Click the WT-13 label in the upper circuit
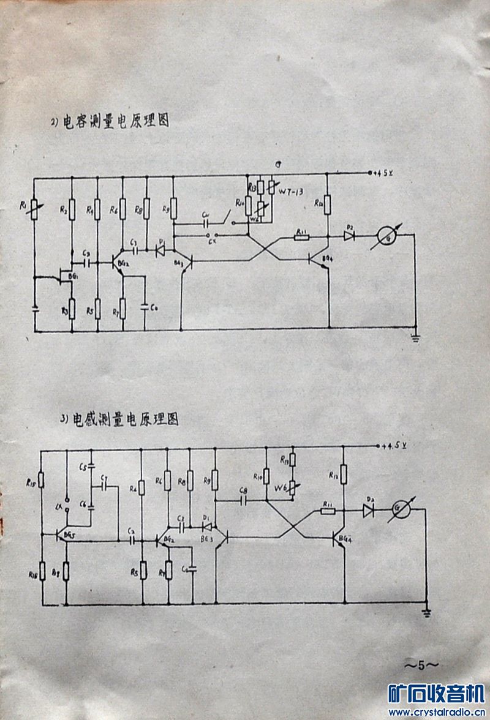(291, 192)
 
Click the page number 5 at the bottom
(421, 664)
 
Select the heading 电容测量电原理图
(110, 121)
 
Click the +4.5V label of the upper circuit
(385, 173)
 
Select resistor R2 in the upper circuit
(72, 209)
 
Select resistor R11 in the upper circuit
(301, 236)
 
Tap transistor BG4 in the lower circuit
(339, 539)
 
